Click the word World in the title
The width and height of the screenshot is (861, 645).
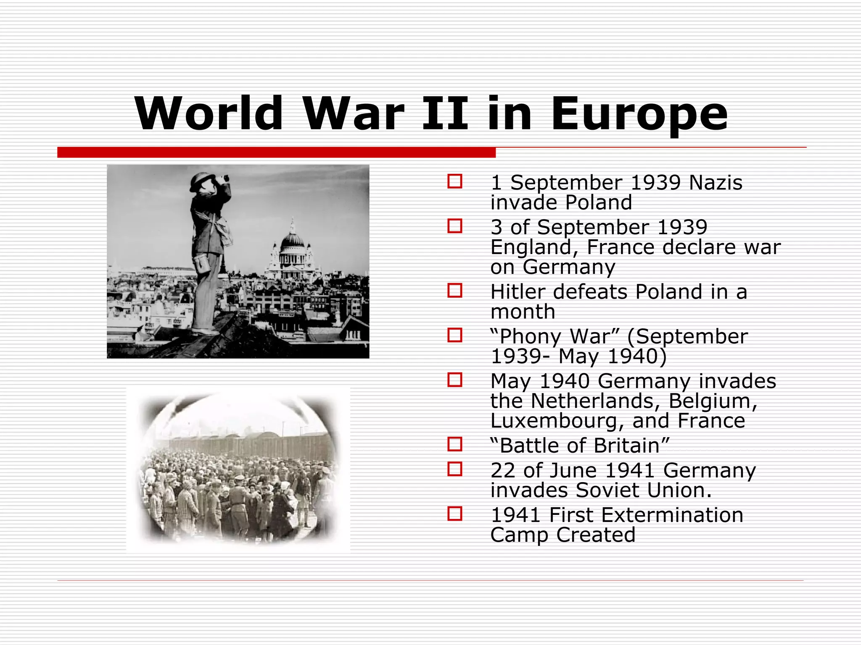209,113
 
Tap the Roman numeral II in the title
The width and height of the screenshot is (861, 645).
445,113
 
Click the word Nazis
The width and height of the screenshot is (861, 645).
716,183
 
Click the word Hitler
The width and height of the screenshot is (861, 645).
518,292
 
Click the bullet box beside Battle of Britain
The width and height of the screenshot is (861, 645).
455,444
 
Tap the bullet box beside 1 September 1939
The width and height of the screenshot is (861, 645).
455,182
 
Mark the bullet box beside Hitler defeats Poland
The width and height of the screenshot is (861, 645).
455,291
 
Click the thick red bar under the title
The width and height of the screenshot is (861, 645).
276,152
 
